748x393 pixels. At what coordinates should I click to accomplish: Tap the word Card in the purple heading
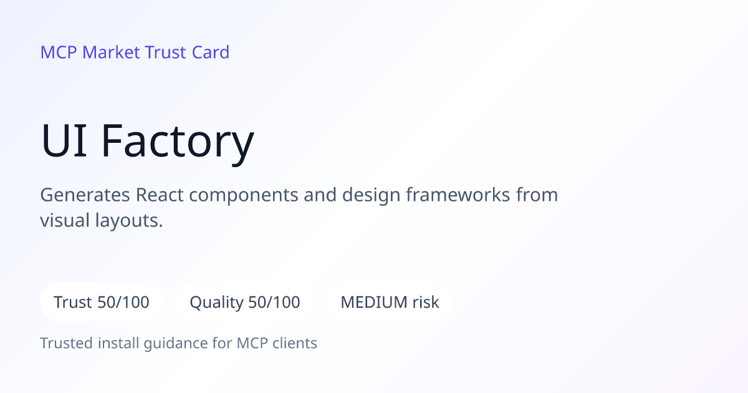click(211, 52)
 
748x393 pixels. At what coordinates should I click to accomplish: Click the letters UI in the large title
click(64, 140)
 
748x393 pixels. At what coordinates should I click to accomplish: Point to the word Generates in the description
click(85, 195)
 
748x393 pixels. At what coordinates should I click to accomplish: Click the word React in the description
click(160, 195)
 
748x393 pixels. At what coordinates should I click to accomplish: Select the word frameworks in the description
click(458, 195)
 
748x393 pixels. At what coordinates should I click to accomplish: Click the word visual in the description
click(65, 221)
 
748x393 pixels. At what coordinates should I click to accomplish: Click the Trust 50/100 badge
click(102, 302)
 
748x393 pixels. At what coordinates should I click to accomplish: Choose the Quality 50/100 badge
click(245, 302)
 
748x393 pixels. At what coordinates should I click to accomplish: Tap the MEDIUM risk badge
click(390, 302)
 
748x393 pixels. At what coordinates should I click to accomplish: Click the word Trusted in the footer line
click(67, 343)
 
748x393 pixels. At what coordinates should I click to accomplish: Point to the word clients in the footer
click(294, 343)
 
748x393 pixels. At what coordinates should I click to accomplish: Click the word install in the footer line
click(118, 343)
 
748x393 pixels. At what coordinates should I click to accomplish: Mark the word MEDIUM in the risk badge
click(374, 303)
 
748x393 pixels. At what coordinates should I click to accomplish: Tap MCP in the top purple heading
click(59, 52)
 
